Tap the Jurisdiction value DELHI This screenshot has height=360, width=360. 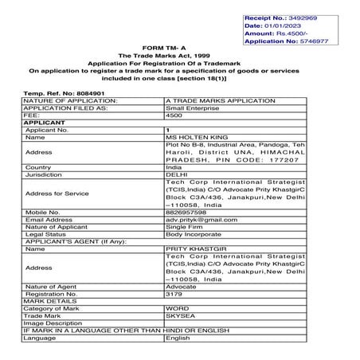click(x=174, y=175)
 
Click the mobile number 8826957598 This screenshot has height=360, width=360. click(x=186, y=213)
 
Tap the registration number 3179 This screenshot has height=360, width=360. click(x=173, y=294)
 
